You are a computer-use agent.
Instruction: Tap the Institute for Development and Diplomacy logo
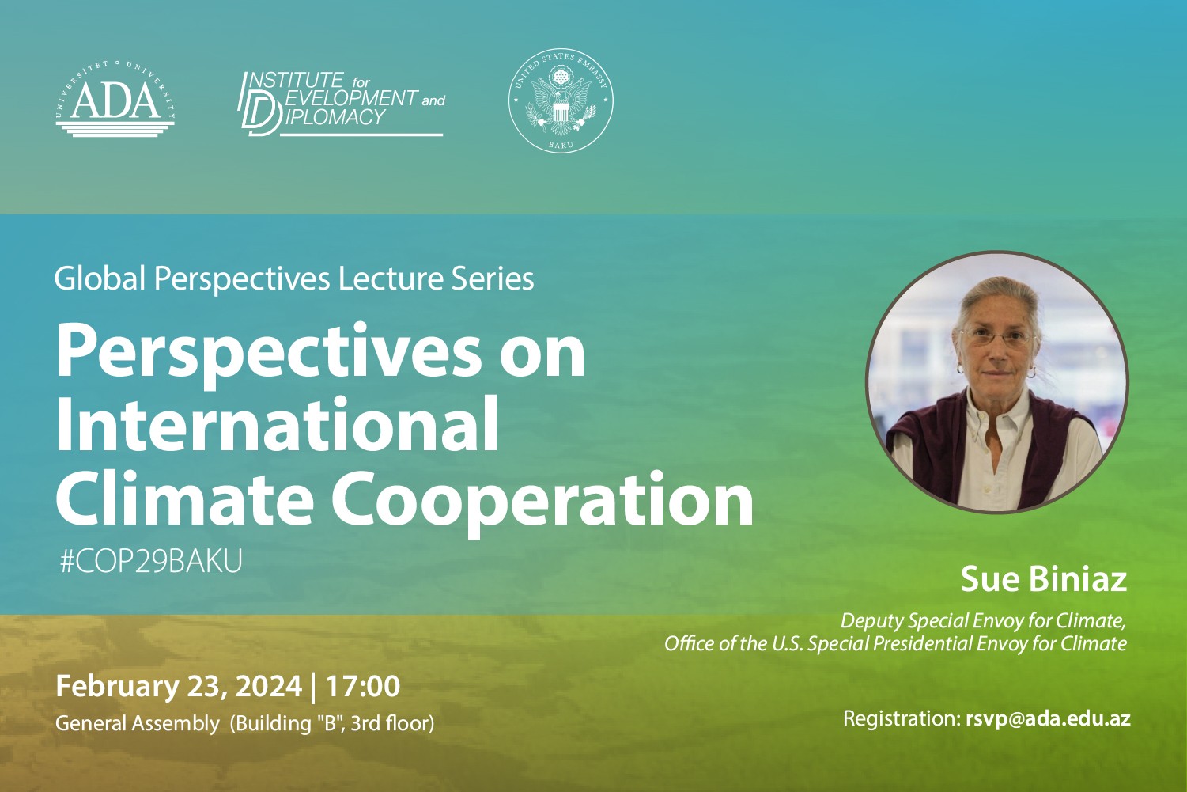[341, 104]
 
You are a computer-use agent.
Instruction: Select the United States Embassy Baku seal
[561, 101]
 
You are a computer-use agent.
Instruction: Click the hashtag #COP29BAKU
[151, 562]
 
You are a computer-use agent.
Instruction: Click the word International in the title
[277, 425]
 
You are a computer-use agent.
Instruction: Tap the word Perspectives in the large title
[267, 353]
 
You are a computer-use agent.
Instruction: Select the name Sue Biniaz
[1043, 579]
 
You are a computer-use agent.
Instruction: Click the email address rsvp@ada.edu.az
[1048, 719]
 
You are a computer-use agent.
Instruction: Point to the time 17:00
[363, 686]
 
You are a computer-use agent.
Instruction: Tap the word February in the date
[117, 686]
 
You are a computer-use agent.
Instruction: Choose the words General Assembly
[137, 723]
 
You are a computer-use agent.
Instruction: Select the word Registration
[900, 719]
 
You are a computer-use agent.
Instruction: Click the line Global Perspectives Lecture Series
[294, 279]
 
